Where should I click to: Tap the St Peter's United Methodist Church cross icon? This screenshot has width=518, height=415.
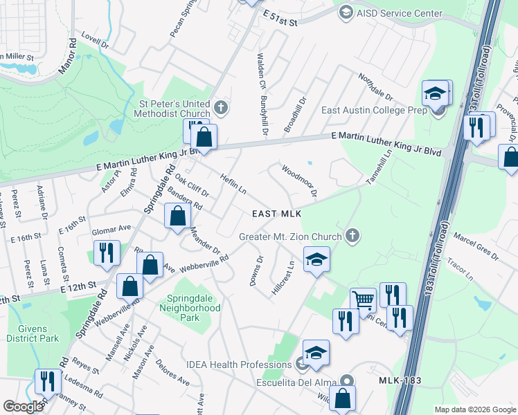point(220,107)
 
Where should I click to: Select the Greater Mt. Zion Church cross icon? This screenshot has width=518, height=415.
point(352,236)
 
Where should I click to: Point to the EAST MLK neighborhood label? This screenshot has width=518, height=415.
point(272,214)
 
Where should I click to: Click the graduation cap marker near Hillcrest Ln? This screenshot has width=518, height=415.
point(316,260)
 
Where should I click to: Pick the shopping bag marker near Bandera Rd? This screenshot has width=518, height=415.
point(177,216)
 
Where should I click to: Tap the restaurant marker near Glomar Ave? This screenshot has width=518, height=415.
point(107,252)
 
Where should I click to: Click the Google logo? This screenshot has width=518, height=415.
point(23,407)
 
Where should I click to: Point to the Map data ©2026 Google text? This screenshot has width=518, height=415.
point(475,409)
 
